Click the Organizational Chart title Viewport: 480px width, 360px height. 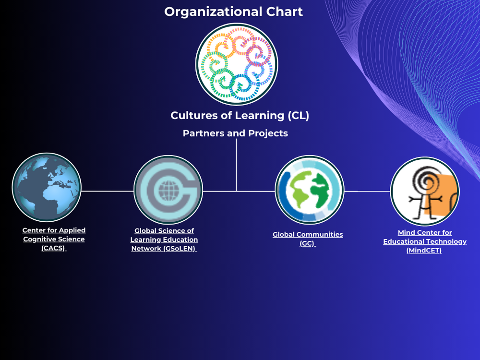point(234,12)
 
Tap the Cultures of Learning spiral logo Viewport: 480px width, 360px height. point(237,64)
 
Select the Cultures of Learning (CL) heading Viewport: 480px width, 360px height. point(240,116)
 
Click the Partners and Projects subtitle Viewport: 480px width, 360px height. point(235,133)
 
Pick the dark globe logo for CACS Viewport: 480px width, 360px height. point(47,188)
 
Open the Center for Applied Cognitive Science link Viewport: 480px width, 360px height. point(54,239)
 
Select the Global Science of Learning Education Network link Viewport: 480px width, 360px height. point(164,240)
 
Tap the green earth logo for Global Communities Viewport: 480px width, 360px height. point(309,190)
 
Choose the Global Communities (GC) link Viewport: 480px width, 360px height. point(308,239)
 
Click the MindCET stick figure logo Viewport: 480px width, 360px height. point(425,191)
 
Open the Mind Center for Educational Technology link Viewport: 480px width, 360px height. point(425,241)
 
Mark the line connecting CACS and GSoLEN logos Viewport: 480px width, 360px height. point(108,191)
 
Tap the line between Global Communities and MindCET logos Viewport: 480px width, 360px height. point(367,191)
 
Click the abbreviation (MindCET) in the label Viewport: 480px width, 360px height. point(424,251)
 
